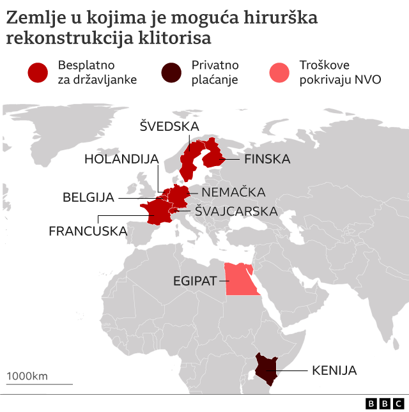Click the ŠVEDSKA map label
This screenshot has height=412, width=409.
(x=169, y=126)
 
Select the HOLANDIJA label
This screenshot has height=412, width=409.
(x=121, y=159)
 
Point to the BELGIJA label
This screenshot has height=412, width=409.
(x=88, y=197)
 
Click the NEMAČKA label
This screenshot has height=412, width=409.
(x=233, y=192)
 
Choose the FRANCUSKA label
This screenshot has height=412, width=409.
(x=88, y=231)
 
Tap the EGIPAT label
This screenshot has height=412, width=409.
(x=196, y=280)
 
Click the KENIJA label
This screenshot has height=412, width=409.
(x=334, y=370)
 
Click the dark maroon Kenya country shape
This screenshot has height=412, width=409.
(x=266, y=368)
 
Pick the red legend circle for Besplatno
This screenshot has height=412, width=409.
(x=38, y=72)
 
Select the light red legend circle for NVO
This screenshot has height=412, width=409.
(x=281, y=72)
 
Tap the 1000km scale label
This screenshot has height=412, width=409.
(x=27, y=376)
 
